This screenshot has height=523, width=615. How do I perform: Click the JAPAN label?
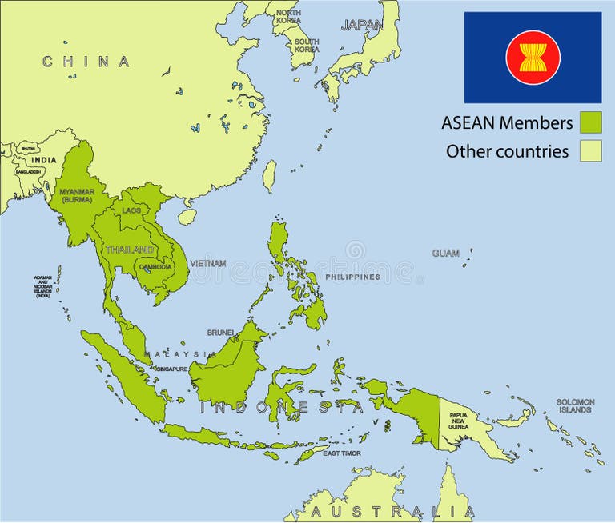click(x=363, y=25)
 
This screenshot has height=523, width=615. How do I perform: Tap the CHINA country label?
click(x=86, y=62)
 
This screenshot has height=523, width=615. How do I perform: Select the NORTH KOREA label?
click(x=288, y=17)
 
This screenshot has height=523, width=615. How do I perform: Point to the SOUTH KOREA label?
click(x=306, y=46)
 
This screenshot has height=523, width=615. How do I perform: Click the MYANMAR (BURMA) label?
click(x=77, y=195)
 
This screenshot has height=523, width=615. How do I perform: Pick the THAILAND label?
click(x=129, y=250)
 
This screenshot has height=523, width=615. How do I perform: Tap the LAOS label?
click(x=131, y=210)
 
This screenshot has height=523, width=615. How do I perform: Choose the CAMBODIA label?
click(x=155, y=267)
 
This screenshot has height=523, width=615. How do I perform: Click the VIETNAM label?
click(x=207, y=263)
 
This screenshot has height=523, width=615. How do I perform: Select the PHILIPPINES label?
click(x=352, y=277)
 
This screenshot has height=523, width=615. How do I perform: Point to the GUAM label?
click(x=446, y=254)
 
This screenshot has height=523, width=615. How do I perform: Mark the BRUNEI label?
click(x=220, y=332)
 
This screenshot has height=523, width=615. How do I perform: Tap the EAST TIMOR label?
click(x=342, y=453)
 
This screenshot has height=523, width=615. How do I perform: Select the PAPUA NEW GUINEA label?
click(x=459, y=421)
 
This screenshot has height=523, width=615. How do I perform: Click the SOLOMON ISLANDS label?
click(x=576, y=406)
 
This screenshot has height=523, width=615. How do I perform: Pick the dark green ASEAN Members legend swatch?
click(x=590, y=122)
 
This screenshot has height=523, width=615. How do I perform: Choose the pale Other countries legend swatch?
click(x=590, y=150)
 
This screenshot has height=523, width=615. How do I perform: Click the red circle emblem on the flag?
click(x=533, y=58)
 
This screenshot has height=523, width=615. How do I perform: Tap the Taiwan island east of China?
click(x=270, y=176)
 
